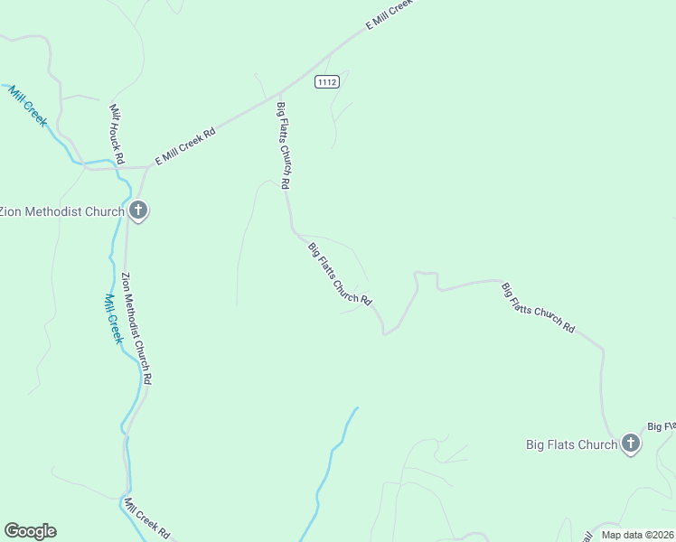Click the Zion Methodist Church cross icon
pos(138,211)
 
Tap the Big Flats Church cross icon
pos(631,444)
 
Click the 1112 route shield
pos(326,82)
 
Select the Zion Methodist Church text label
pos(61,212)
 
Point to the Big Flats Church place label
pos(572,444)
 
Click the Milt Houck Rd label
pos(117,133)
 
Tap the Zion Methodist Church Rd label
pos(136,329)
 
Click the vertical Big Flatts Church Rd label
pos(283,145)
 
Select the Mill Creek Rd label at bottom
pos(147,519)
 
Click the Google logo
pos(30,531)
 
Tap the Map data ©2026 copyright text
pos(638,535)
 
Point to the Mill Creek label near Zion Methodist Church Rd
pos(112,318)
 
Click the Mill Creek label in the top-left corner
pos(27,105)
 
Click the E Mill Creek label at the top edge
pos(389,15)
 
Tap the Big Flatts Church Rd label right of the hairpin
pos(538,308)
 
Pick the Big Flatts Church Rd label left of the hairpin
pos(340,273)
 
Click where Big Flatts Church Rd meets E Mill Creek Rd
pos(279,93)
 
